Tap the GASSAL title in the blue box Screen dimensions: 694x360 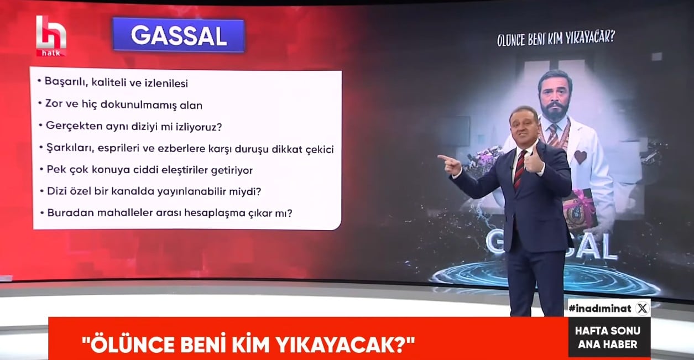click(179, 35)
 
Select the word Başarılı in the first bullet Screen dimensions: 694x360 click(64, 82)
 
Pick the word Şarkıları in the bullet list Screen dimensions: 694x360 click(70, 148)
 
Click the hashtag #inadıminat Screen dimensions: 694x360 click(600, 309)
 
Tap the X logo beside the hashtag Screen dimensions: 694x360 click(642, 308)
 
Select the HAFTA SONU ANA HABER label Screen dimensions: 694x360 click(608, 337)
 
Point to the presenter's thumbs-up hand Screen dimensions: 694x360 click(533, 161)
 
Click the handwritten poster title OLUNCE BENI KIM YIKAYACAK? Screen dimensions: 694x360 click(556, 39)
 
